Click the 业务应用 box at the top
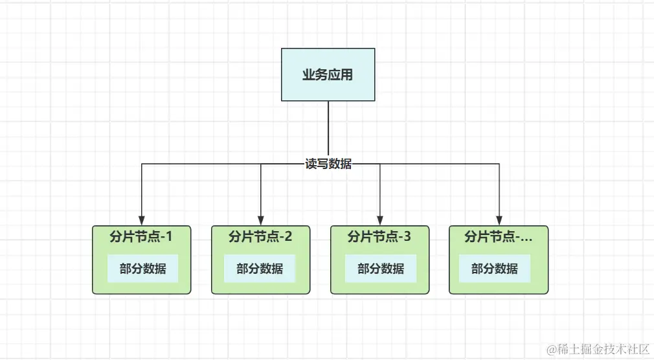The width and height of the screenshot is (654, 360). click(x=328, y=74)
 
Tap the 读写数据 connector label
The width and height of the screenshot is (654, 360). click(x=328, y=164)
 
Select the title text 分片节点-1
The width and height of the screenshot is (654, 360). click(x=141, y=237)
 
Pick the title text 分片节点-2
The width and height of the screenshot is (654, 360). click(x=260, y=237)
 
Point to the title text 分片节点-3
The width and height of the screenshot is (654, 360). click(x=379, y=237)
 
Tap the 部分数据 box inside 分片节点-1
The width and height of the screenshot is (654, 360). click(x=142, y=268)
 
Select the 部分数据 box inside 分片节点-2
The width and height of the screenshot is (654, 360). click(x=260, y=268)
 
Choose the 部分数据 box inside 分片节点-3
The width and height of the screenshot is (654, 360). click(x=380, y=268)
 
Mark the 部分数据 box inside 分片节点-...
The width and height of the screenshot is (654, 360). click(x=494, y=268)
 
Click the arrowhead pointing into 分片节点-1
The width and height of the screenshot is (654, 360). click(x=142, y=220)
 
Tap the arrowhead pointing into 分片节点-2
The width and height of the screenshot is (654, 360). click(x=261, y=220)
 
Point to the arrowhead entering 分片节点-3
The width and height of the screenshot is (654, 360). click(x=380, y=220)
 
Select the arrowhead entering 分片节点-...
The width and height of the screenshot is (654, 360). click(x=499, y=220)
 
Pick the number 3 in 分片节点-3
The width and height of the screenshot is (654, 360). click(x=407, y=237)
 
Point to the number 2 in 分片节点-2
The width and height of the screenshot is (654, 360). click(x=288, y=237)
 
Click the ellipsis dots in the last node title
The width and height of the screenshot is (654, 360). click(x=526, y=239)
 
